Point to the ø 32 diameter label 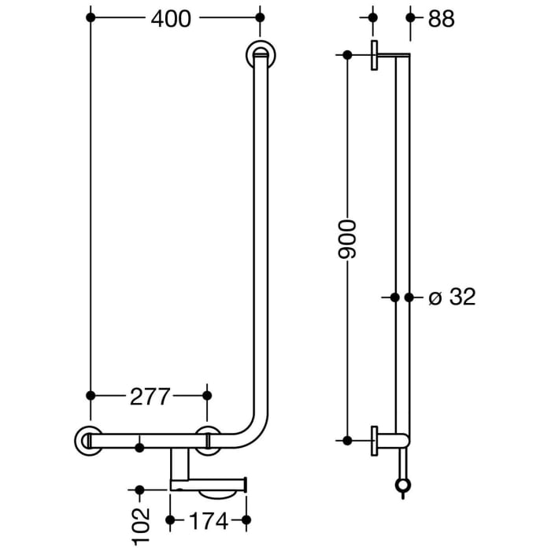452,297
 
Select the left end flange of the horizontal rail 87,441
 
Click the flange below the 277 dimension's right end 209,440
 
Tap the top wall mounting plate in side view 375,54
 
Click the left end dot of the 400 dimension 91,17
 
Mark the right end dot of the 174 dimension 246,520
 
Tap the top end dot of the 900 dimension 347,54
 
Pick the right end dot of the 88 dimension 409,17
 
